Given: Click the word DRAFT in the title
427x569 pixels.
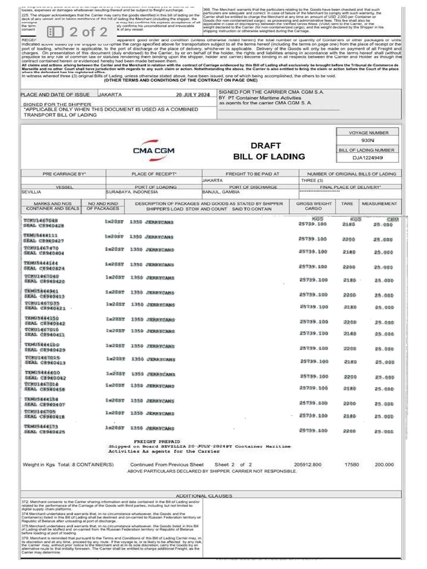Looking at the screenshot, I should tap(262, 146).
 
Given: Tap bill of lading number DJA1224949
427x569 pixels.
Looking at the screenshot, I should tap(368, 158).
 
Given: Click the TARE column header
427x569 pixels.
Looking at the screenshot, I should tap(347, 204).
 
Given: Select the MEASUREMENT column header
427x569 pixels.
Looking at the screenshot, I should tap(379, 204).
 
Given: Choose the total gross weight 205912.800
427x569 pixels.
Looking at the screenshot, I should tap(307, 464).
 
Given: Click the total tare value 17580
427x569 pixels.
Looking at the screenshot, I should tap(351, 464).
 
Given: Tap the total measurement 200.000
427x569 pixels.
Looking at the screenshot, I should tap(384, 464).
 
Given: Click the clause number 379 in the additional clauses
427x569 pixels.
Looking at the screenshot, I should tap(25, 538).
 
